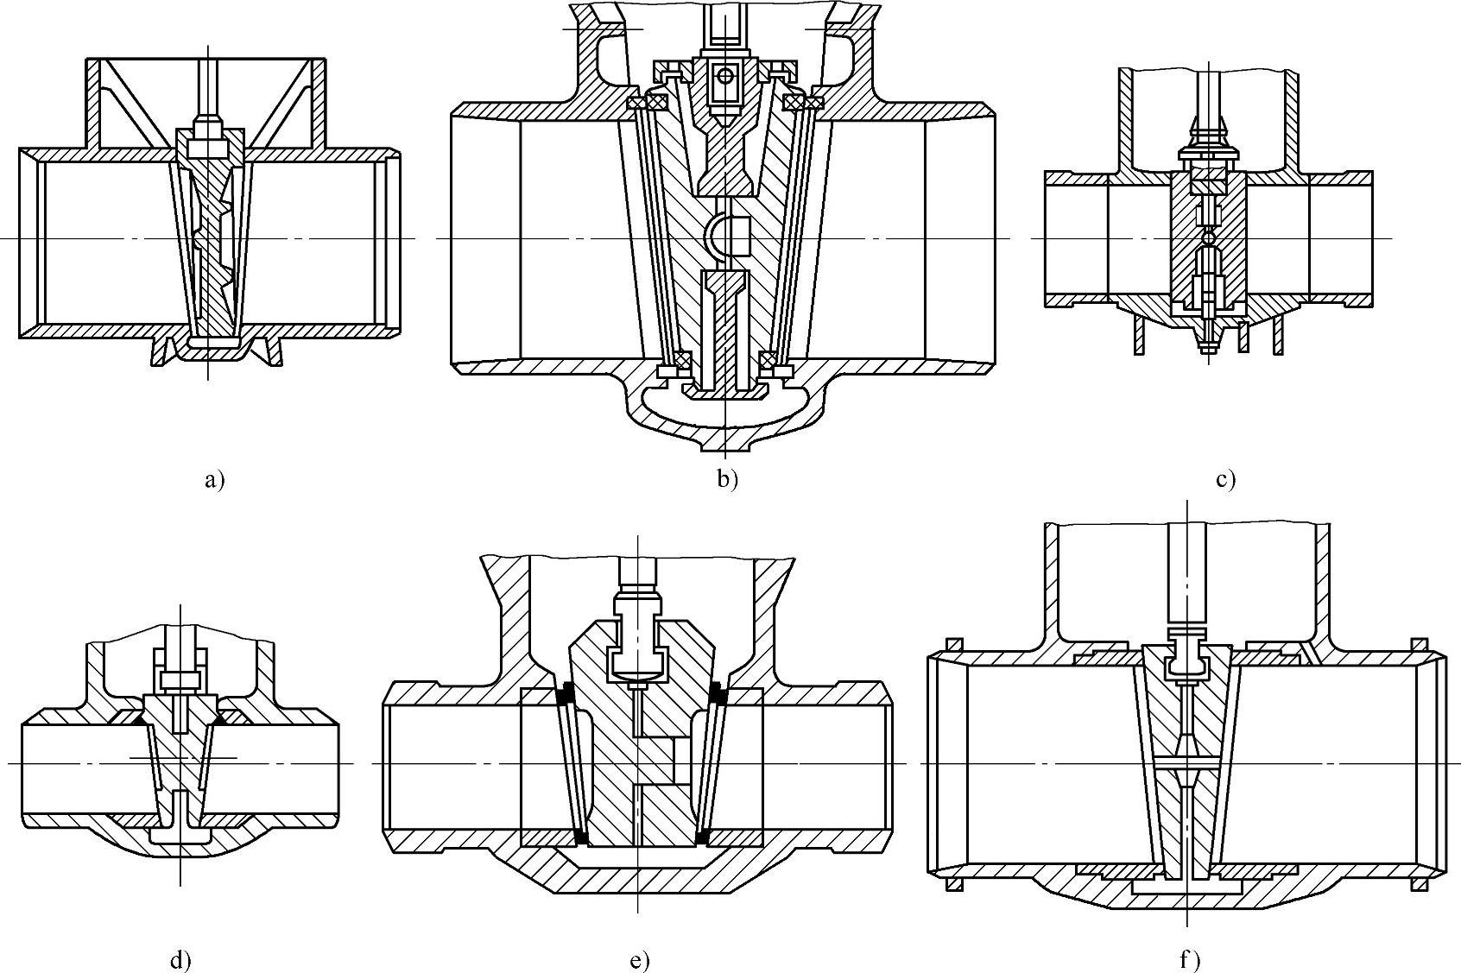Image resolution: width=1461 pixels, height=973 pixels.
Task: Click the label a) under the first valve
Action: [x=215, y=481]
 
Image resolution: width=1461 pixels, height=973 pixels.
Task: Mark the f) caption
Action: [x=1191, y=959]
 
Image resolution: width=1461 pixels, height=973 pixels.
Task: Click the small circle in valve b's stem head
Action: [x=724, y=76]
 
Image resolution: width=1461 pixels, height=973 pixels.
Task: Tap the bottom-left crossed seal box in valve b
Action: [x=682, y=359]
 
